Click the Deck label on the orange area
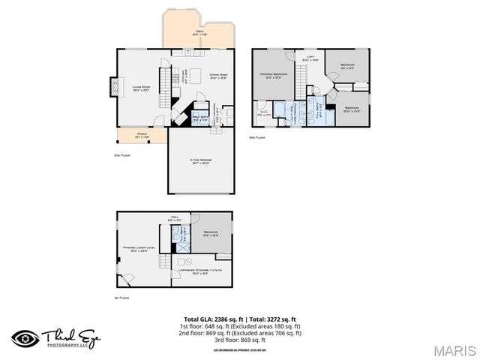click(199, 32)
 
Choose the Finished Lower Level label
click(139, 248)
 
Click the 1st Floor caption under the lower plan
click(123, 298)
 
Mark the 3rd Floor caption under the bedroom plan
click(257, 137)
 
